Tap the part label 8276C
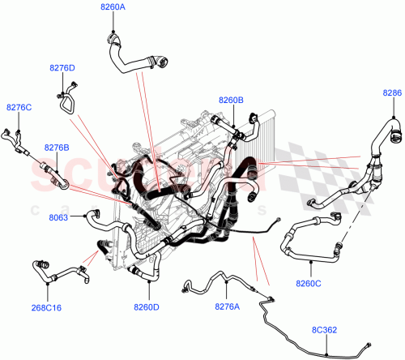tap(19, 107)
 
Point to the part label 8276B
tap(56, 147)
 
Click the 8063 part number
tap(58, 218)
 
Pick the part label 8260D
tap(146, 306)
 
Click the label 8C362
tap(326, 330)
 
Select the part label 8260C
tap(309, 283)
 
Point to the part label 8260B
tap(231, 100)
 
